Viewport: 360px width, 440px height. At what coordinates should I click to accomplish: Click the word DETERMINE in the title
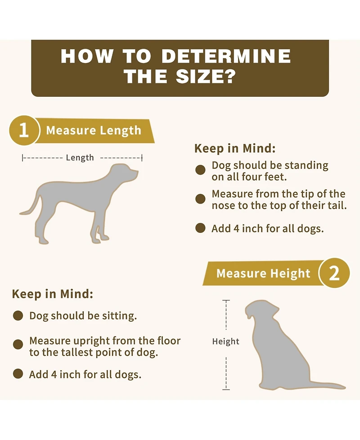click(x=226, y=56)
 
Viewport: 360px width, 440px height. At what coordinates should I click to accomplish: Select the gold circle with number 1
click(x=23, y=130)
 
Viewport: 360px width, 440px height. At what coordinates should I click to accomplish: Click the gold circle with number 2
click(x=334, y=273)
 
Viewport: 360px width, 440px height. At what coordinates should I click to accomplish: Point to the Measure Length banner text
click(x=93, y=131)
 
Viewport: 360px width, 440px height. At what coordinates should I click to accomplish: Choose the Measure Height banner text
click(x=263, y=273)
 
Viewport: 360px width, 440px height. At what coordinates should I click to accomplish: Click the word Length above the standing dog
click(x=80, y=158)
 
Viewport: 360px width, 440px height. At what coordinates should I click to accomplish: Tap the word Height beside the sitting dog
click(x=226, y=341)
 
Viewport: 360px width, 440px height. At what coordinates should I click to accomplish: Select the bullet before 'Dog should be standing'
click(x=200, y=170)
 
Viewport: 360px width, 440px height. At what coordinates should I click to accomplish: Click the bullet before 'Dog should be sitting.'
click(x=18, y=315)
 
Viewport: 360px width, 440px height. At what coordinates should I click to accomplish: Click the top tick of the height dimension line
click(x=226, y=300)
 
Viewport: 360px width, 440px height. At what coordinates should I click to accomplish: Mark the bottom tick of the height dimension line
click(x=226, y=390)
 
